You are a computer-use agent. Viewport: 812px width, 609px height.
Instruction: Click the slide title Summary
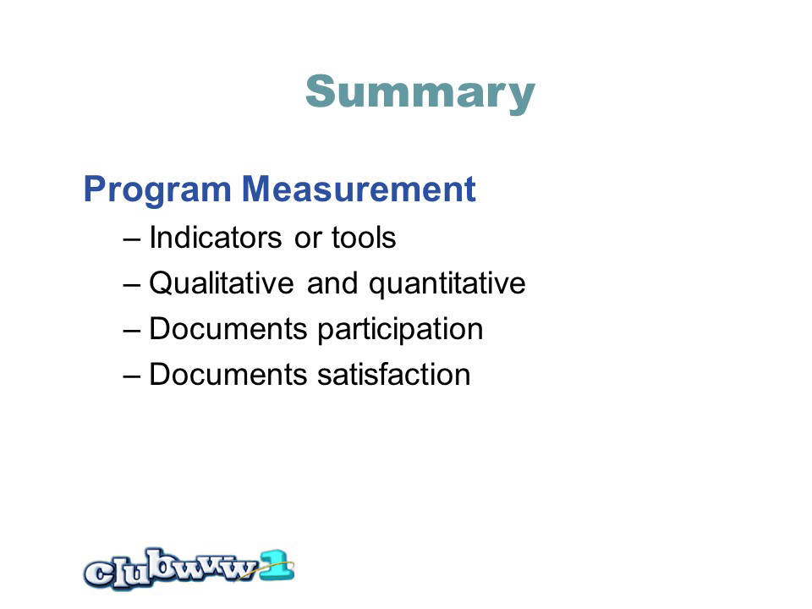pyautogui.click(x=420, y=93)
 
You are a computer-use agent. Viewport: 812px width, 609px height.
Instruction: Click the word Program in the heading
pyautogui.click(x=157, y=190)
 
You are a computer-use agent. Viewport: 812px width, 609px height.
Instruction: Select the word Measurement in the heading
pyautogui.click(x=359, y=189)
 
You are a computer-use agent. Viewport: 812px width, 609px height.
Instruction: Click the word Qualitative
pyautogui.click(x=222, y=283)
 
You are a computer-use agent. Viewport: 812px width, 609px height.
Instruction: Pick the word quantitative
pyautogui.click(x=447, y=284)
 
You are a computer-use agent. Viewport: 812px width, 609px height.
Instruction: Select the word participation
pyautogui.click(x=400, y=329)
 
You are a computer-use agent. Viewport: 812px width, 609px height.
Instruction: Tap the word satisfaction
pyautogui.click(x=393, y=374)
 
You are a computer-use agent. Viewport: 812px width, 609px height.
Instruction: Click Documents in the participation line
pyautogui.click(x=228, y=328)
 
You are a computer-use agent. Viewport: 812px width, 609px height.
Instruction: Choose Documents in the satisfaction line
pyautogui.click(x=228, y=374)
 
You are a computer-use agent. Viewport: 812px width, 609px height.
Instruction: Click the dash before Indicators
pyautogui.click(x=132, y=239)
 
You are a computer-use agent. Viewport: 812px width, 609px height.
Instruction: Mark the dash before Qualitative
pyautogui.click(x=132, y=285)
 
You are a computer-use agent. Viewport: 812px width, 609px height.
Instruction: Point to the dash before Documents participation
pyautogui.click(x=132, y=331)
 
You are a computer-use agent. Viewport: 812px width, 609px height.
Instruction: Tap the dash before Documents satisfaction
pyautogui.click(x=132, y=376)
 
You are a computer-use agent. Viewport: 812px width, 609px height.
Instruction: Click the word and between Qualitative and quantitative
pyautogui.click(x=332, y=283)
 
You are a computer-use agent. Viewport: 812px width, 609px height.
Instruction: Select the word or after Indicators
pyautogui.click(x=308, y=239)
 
